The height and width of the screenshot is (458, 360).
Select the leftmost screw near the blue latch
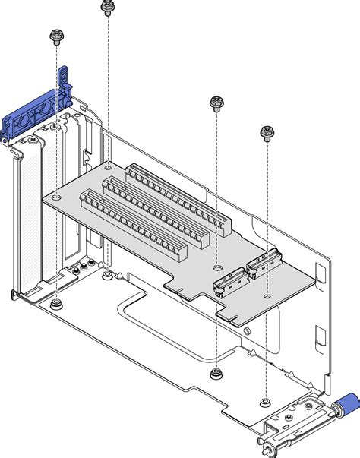pos(55,36)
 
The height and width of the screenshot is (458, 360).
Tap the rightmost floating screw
pos(266,134)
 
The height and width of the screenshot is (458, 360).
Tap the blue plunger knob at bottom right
pos(346,403)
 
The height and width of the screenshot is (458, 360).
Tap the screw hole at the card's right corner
pos(267,294)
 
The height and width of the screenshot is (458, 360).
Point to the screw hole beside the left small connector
pos(216,267)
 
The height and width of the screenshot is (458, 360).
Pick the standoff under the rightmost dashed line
pos(265,400)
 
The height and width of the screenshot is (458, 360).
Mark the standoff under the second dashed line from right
pos(216,373)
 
